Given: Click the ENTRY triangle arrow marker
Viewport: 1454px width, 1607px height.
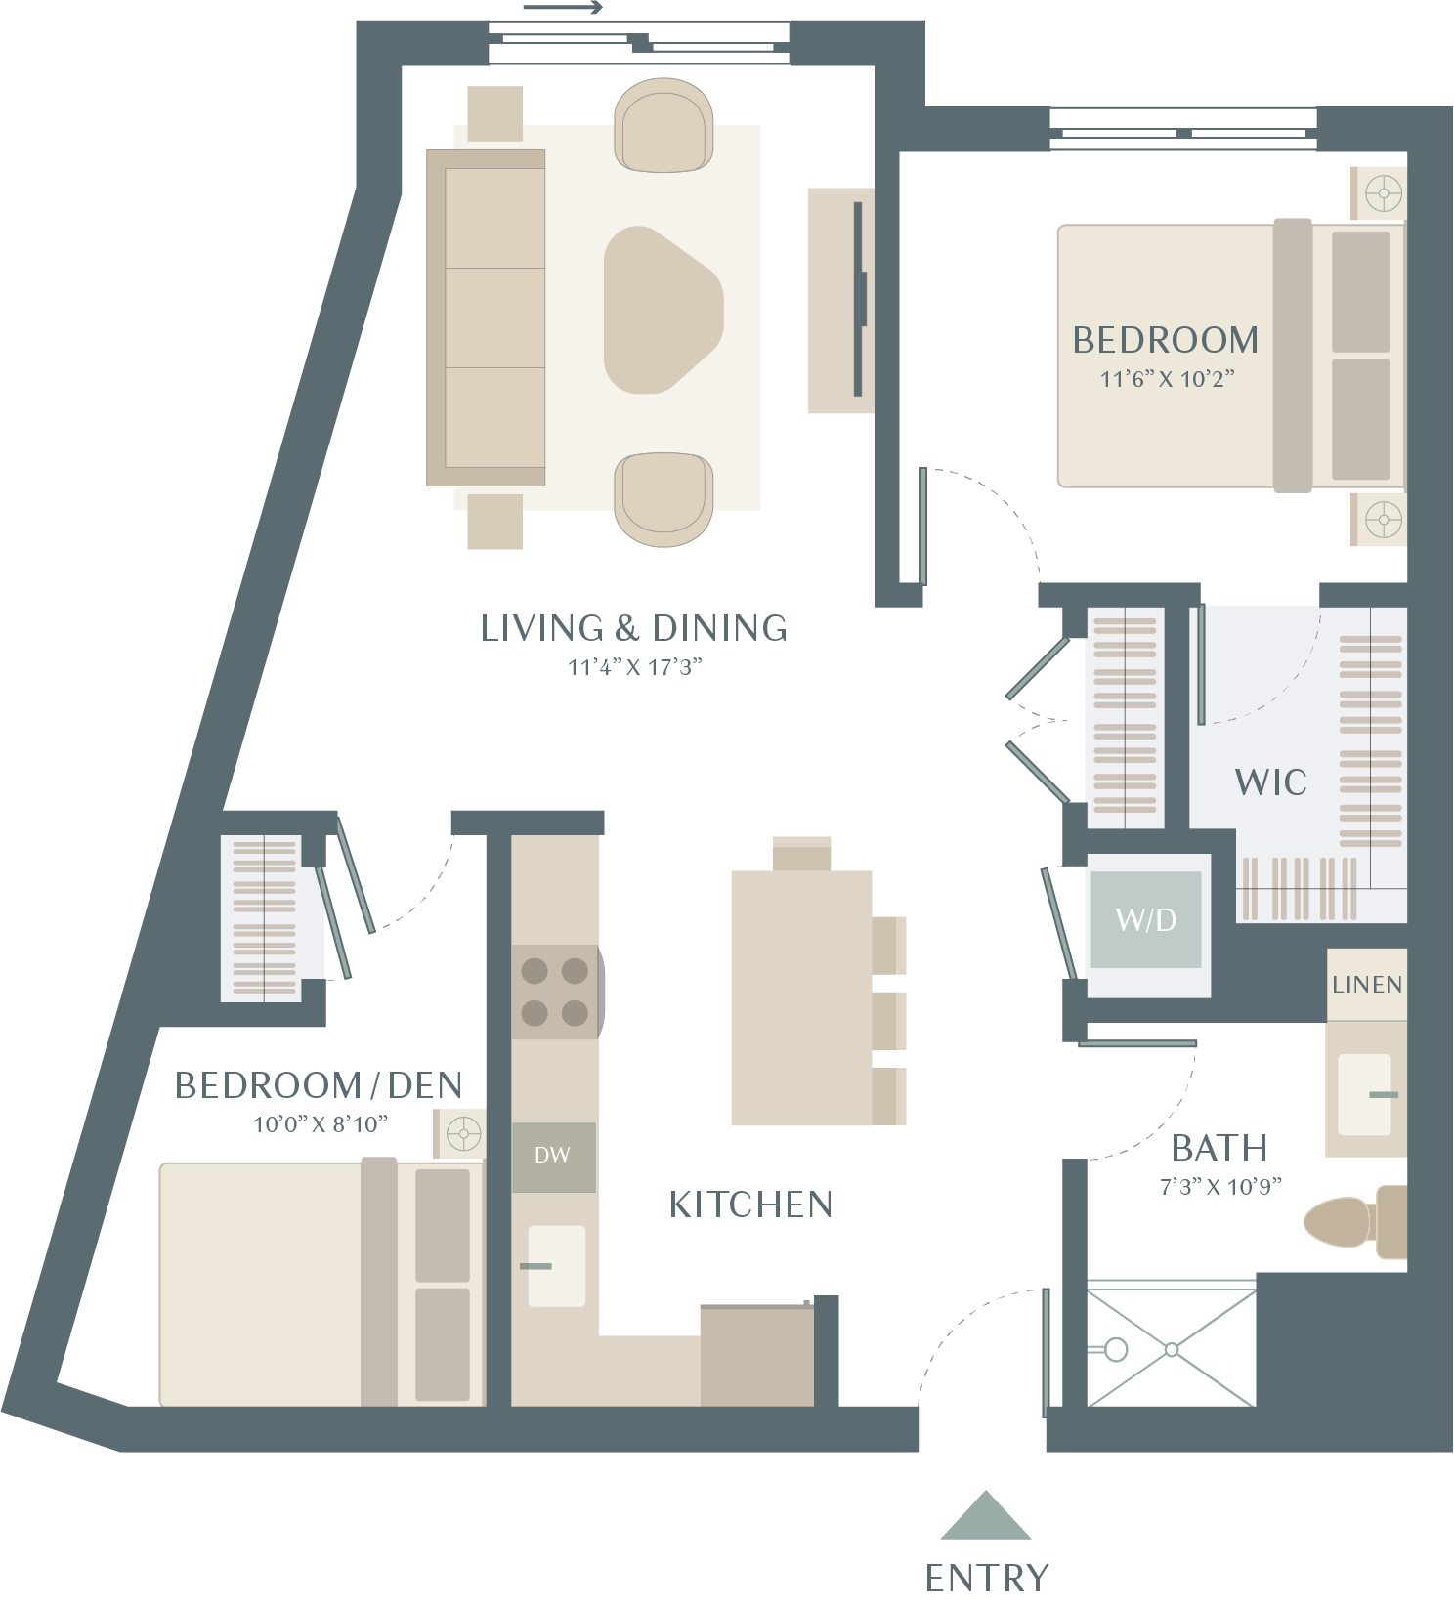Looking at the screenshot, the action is [986, 1516].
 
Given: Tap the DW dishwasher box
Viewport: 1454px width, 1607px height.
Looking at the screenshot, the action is [554, 1157].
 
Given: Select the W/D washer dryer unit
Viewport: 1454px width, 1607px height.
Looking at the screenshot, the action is [1146, 919].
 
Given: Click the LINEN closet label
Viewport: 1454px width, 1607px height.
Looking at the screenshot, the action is [1367, 985].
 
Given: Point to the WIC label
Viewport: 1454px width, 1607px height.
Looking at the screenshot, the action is [1270, 782].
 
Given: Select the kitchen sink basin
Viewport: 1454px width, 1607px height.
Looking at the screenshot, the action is [556, 1266].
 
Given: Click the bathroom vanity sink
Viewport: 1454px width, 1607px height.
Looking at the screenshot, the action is [1364, 1095].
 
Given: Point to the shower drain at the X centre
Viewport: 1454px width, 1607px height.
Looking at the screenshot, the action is [1172, 1350].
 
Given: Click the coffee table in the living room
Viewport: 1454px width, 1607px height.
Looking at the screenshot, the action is [663, 311].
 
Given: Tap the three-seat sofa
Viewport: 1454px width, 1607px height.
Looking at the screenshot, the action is [486, 317].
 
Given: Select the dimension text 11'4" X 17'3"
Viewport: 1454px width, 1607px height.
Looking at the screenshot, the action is [635, 667].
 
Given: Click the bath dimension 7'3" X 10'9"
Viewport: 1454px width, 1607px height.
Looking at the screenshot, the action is [1220, 1187].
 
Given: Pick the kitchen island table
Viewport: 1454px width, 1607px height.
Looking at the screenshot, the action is [801, 997].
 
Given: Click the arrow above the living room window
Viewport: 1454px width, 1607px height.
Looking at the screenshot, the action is [564, 9].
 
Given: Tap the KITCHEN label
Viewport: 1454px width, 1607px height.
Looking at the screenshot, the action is [750, 1205].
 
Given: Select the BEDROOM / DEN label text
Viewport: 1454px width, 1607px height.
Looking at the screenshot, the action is [319, 1085].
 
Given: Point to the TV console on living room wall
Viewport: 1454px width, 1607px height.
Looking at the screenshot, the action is [840, 300].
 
